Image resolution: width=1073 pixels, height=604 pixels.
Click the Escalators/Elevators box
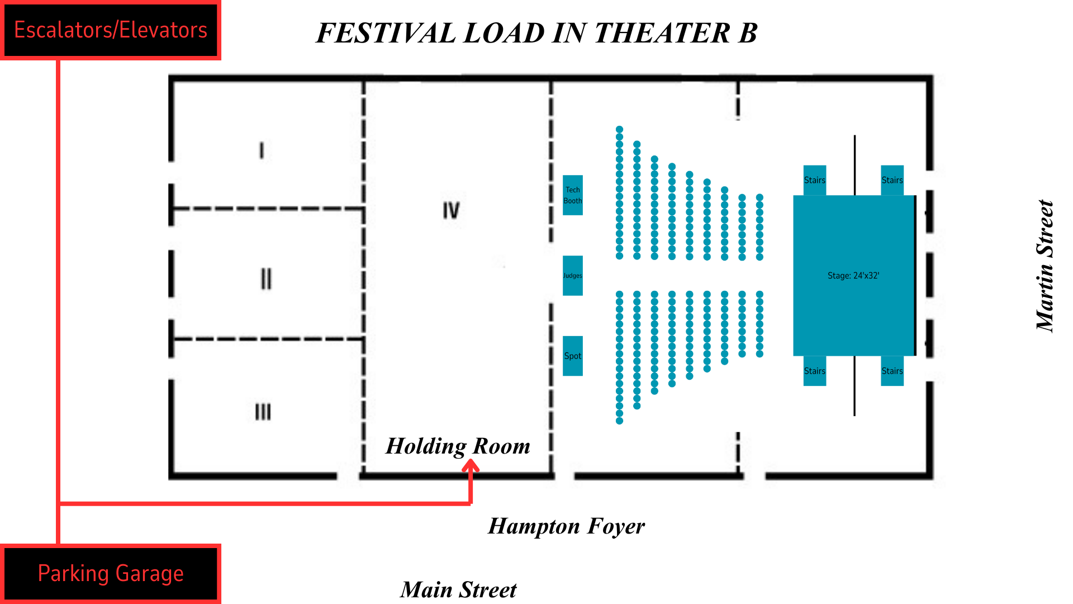tap(111, 30)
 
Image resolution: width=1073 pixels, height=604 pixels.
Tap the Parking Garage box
tap(111, 574)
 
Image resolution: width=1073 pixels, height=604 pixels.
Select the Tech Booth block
tap(572, 195)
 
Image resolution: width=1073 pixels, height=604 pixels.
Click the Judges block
tap(572, 276)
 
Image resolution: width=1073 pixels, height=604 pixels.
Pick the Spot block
tap(572, 356)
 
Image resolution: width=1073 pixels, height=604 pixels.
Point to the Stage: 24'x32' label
tap(853, 276)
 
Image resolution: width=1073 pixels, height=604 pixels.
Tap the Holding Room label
tap(458, 446)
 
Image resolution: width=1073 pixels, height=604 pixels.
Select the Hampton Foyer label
tap(566, 526)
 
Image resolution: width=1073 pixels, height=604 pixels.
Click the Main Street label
tap(458, 590)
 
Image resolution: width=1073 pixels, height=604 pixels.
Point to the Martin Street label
tap(1044, 266)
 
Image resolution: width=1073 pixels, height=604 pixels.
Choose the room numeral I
tap(262, 150)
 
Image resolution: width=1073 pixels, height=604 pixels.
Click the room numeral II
tap(266, 279)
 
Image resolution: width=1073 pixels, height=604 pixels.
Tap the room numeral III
tap(263, 412)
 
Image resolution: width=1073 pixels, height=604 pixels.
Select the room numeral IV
tap(451, 210)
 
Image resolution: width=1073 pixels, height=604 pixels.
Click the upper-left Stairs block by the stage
tap(814, 180)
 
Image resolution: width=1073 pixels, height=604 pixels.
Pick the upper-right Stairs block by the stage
tap(892, 180)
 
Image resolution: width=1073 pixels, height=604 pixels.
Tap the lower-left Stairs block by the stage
tap(814, 371)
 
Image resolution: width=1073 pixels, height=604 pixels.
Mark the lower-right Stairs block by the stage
tap(892, 371)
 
